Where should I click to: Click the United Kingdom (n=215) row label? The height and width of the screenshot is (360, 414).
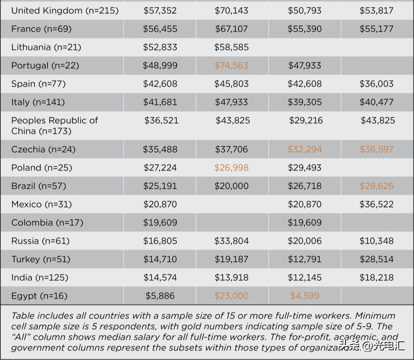(x=65, y=11)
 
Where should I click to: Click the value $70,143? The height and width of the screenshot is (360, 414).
(x=232, y=11)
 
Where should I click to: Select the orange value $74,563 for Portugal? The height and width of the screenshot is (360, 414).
(x=232, y=66)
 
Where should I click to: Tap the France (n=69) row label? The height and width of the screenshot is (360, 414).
(x=41, y=29)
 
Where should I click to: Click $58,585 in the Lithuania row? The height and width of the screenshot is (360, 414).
(x=232, y=48)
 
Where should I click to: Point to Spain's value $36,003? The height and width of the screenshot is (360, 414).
(x=376, y=84)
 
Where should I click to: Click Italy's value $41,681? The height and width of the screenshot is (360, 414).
(x=160, y=102)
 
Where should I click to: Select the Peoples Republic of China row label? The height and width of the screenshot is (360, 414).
(x=54, y=126)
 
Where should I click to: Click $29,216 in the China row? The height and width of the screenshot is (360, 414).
(x=306, y=121)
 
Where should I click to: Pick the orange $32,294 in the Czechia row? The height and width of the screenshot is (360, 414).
(x=305, y=150)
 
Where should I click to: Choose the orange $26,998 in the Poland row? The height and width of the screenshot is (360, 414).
(x=232, y=168)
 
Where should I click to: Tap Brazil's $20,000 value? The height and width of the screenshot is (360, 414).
(x=232, y=187)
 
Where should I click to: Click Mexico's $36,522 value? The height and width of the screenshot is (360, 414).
(x=376, y=205)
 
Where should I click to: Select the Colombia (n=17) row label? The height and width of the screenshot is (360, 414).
(x=47, y=223)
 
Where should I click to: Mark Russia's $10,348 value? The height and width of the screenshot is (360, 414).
(x=376, y=241)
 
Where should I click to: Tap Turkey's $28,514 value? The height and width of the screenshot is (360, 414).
(x=376, y=259)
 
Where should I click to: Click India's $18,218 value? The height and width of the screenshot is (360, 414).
(x=376, y=278)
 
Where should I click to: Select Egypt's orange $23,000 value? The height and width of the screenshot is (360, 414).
(x=232, y=296)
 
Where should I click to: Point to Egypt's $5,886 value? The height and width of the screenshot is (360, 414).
(x=160, y=296)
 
